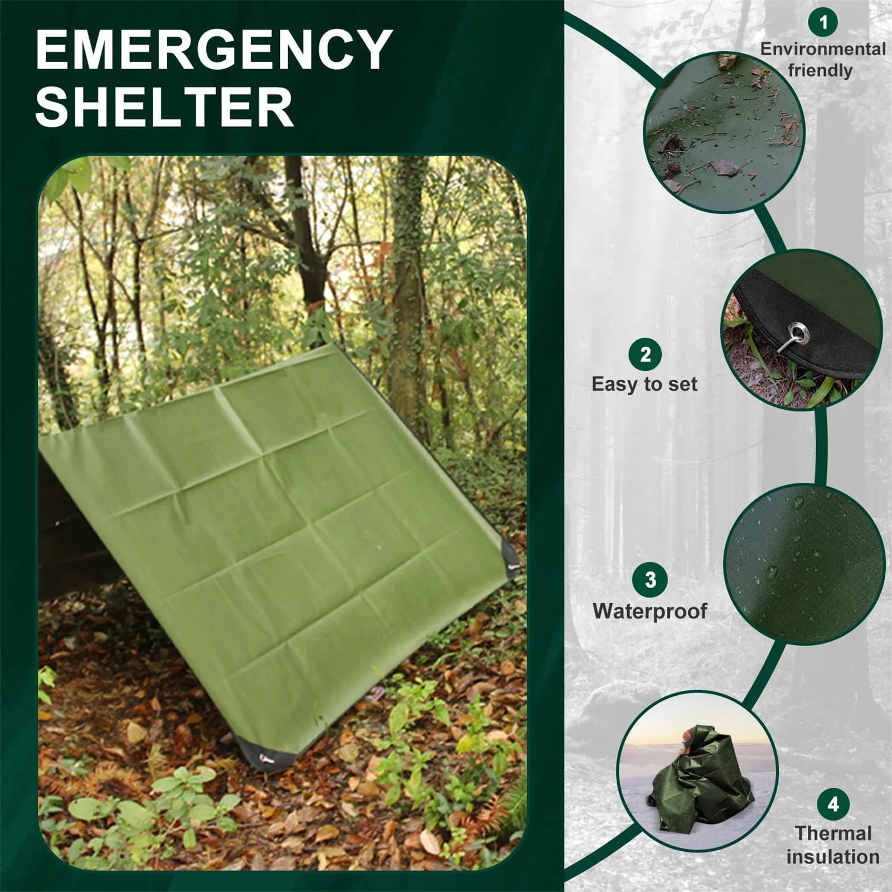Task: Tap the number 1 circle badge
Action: (x=823, y=22)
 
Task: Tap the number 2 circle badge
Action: (x=645, y=355)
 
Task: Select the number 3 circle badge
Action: (x=650, y=580)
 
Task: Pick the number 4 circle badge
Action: (x=833, y=804)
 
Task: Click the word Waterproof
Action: (x=649, y=611)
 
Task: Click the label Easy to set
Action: (x=644, y=384)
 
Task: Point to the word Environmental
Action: (x=823, y=49)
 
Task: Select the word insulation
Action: (x=833, y=856)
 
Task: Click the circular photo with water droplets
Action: (x=804, y=564)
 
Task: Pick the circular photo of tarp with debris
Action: (x=724, y=133)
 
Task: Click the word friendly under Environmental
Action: (x=820, y=71)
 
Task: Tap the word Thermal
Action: (x=833, y=833)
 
